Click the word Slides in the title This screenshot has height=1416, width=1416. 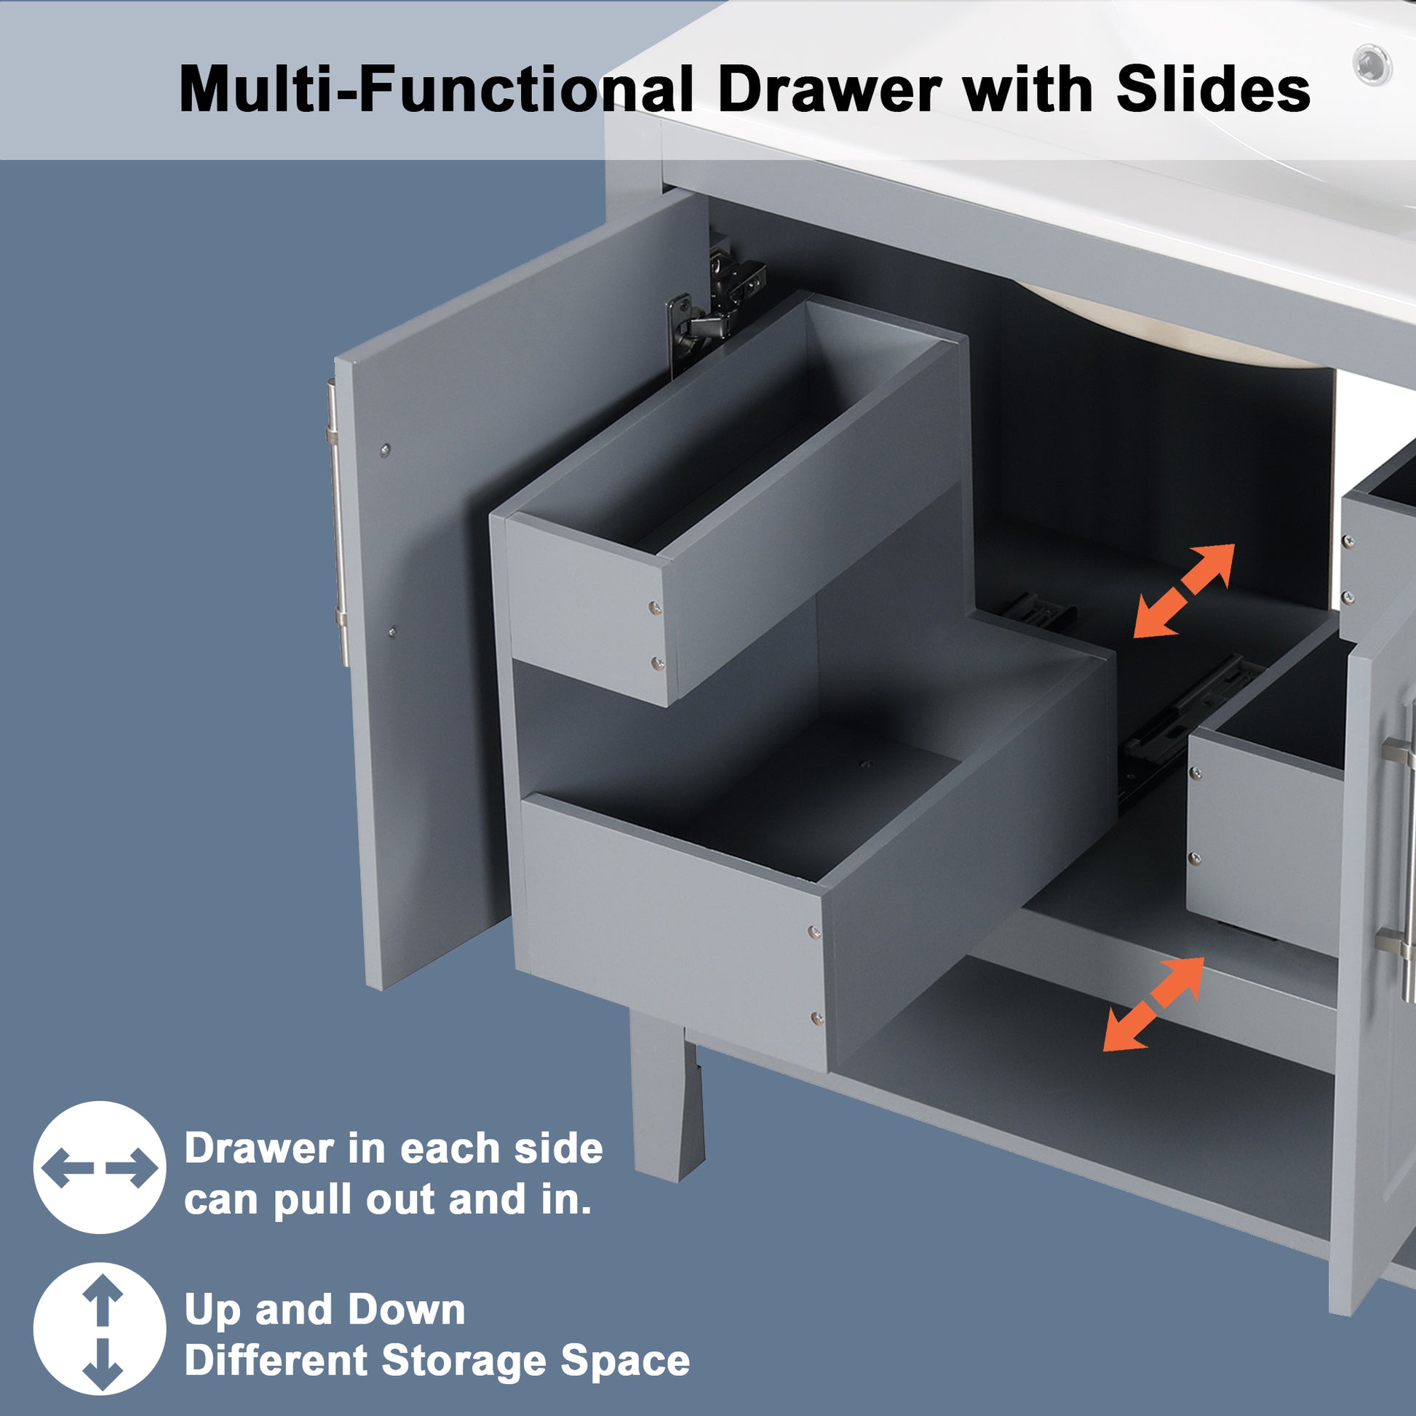tap(1213, 89)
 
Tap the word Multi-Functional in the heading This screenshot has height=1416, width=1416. tap(435, 89)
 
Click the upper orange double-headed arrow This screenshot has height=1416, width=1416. tap(1185, 590)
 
